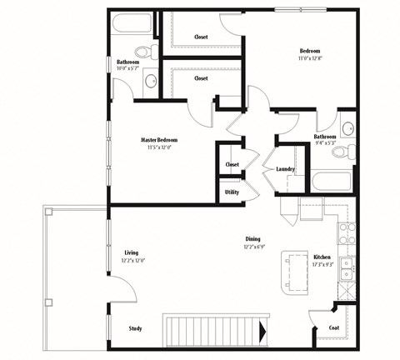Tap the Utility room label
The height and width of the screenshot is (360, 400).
(232, 192)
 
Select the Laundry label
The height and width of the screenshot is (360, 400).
(286, 169)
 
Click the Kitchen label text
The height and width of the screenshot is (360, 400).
(322, 257)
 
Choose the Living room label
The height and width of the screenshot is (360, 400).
(131, 252)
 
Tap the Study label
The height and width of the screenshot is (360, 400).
(135, 328)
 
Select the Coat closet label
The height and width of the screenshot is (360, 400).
(334, 328)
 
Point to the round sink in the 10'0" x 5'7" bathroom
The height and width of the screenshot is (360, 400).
(151, 81)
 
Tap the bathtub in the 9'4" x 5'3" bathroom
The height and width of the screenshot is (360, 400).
(332, 182)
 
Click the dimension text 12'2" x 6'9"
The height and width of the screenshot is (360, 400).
(253, 247)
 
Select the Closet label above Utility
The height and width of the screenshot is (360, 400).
(232, 164)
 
